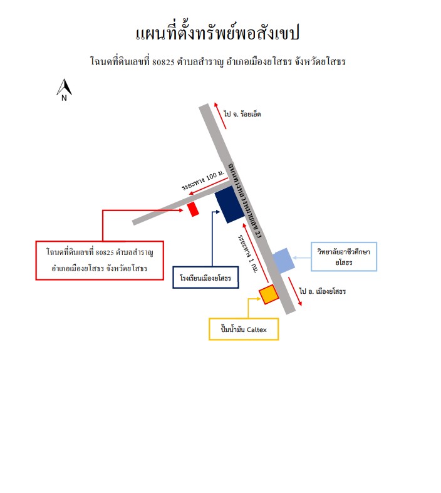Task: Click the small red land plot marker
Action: (x=193, y=209)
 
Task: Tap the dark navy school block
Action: (x=230, y=204)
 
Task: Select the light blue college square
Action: (x=284, y=261)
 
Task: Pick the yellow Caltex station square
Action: (x=269, y=294)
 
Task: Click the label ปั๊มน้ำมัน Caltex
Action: (x=244, y=330)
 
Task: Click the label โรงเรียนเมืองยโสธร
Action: (x=205, y=278)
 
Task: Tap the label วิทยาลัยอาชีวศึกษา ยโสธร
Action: (x=343, y=257)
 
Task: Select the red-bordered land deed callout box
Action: (x=100, y=261)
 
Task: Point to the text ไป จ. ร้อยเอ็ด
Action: (x=242, y=114)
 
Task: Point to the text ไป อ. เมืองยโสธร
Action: (x=323, y=291)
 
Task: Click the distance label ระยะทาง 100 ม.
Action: (x=203, y=180)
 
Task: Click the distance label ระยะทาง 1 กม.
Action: (x=247, y=254)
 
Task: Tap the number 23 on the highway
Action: (x=258, y=234)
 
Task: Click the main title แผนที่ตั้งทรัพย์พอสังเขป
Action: (x=217, y=33)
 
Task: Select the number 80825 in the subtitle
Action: (x=163, y=62)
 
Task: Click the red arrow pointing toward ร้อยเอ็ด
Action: (x=220, y=115)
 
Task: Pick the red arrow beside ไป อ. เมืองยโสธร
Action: (x=295, y=291)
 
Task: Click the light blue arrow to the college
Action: (x=301, y=258)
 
